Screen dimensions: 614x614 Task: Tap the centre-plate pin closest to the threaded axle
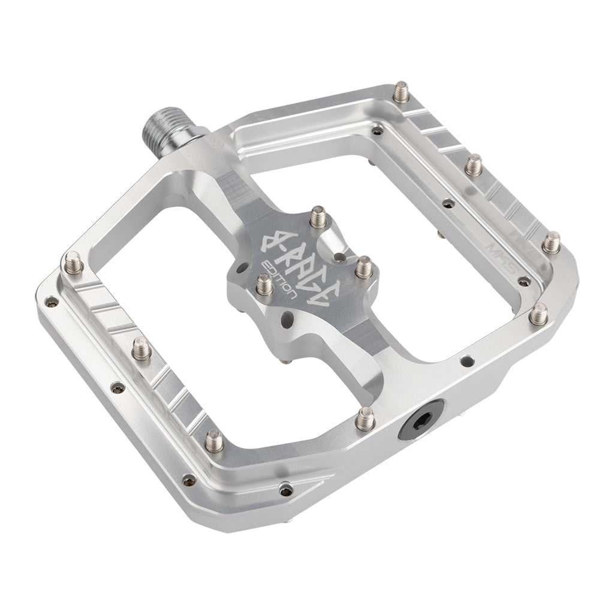click(317, 215)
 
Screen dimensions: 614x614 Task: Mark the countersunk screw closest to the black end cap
click(466, 361)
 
